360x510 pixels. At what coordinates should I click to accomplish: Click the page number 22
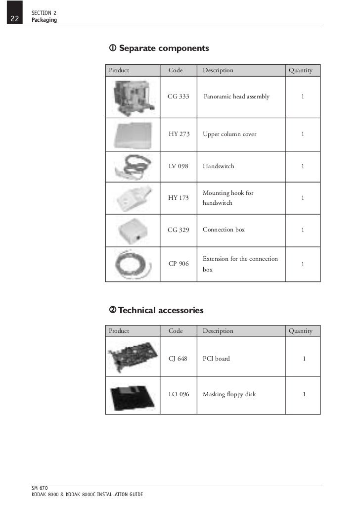14,19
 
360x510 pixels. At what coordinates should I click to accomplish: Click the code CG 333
179,96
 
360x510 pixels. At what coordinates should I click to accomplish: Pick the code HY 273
179,134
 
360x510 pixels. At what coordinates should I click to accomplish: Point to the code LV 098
179,166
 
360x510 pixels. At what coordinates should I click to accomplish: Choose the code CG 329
179,230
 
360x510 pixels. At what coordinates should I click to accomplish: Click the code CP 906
179,264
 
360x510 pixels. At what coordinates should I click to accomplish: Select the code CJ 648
178,359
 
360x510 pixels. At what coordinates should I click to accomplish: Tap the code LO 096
179,394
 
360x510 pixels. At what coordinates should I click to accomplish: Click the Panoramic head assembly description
237,96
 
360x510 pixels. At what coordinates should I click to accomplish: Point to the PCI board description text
216,359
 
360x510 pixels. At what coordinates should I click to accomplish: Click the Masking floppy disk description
229,394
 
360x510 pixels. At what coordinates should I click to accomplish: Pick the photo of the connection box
133,231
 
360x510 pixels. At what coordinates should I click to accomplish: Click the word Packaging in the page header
44,20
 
